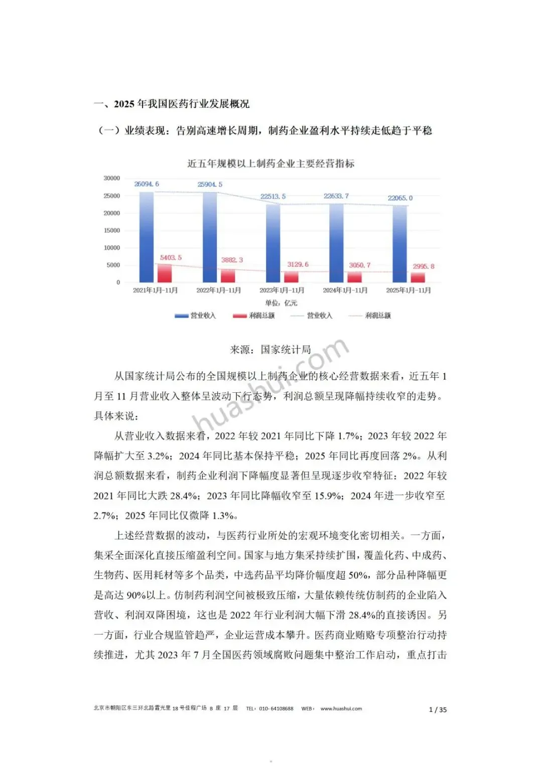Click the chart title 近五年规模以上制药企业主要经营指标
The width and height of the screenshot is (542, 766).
(x=270, y=164)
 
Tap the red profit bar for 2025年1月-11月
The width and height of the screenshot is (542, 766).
(x=418, y=277)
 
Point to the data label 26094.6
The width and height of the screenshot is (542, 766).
(x=147, y=184)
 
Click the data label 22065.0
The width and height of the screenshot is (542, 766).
(x=400, y=198)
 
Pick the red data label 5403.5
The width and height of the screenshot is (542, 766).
(x=171, y=257)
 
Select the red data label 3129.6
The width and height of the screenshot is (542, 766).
(x=298, y=264)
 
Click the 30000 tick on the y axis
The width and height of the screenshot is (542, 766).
(x=112, y=178)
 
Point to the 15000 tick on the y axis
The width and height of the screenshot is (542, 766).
(x=112, y=230)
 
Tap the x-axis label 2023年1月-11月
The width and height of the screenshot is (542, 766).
(x=282, y=290)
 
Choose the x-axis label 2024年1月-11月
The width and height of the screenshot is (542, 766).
(x=345, y=290)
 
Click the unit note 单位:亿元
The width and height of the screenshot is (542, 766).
(x=281, y=303)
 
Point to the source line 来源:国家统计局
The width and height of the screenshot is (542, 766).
(x=270, y=350)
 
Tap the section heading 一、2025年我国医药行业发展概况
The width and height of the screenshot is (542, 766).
(x=172, y=104)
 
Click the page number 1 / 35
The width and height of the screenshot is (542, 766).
(x=438, y=709)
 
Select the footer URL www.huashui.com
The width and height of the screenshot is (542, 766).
(x=341, y=709)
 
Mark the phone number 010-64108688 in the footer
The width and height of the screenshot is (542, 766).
(x=276, y=709)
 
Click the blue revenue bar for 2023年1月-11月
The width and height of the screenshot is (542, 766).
(x=273, y=243)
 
